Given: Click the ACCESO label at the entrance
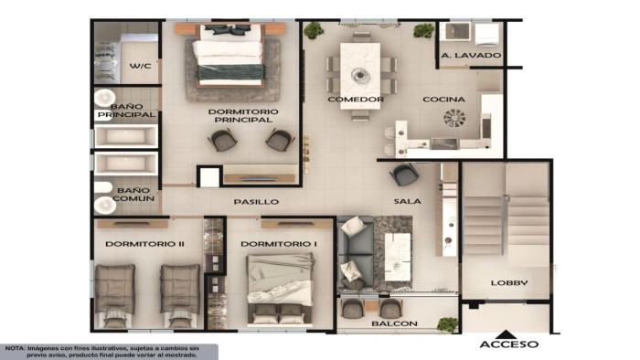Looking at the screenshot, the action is [509, 344].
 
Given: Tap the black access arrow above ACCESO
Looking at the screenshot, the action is [507, 334].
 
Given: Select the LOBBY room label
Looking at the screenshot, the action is [509, 282].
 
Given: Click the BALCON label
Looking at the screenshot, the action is [394, 323].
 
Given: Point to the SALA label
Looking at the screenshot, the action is [408, 201].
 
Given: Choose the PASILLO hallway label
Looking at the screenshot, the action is [256, 202].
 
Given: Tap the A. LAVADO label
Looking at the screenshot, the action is [471, 55].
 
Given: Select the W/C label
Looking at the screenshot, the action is [140, 66].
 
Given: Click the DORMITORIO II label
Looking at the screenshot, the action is [144, 244].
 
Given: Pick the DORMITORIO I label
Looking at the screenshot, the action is [279, 244].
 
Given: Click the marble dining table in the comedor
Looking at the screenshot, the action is [360, 76].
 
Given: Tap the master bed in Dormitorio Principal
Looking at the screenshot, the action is [230, 56].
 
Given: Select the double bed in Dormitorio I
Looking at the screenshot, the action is [280, 290].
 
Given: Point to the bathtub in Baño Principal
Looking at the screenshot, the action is [126, 136].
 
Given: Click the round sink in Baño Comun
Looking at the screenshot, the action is [105, 205].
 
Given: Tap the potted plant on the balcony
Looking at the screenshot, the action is [447, 324].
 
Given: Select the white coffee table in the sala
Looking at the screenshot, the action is [398, 257].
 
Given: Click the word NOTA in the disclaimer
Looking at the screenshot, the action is [15, 349].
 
